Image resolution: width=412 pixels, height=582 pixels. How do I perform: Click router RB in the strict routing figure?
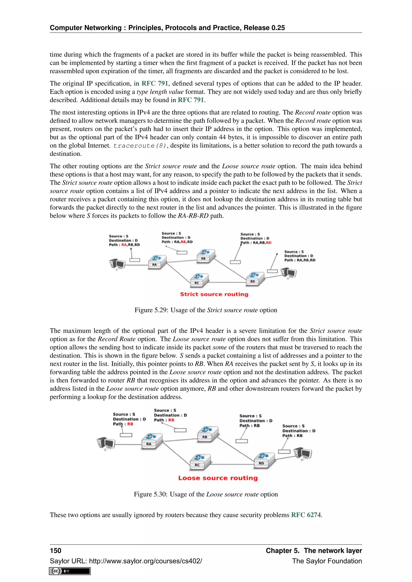pyautogui.click(x=205, y=256)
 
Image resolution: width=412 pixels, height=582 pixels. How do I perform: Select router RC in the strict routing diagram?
pyautogui.click(x=199, y=280)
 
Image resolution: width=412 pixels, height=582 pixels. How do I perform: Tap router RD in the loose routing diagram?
pyautogui.click(x=264, y=460)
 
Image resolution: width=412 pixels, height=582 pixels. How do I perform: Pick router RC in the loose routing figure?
pyautogui.click(x=200, y=462)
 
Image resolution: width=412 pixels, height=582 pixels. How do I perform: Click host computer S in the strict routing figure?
pyautogui.click(x=117, y=264)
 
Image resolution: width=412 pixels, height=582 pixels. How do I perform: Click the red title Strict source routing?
pyautogui.click(x=214, y=294)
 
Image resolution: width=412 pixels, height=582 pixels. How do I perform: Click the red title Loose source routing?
pyautogui.click(x=218, y=478)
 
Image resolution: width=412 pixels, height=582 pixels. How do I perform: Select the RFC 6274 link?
pyautogui.click(x=306, y=515)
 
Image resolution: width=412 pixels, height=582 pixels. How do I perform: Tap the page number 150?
pyautogui.click(x=56, y=551)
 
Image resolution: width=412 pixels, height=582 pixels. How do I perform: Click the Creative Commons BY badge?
pyautogui.click(x=70, y=571)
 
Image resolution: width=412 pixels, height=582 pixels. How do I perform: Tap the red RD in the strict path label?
pyautogui.click(x=269, y=243)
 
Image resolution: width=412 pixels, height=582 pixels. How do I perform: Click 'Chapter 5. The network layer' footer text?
pyautogui.click(x=314, y=551)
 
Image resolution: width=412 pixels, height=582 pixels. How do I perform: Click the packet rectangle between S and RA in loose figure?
pyautogui.click(x=126, y=435)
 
